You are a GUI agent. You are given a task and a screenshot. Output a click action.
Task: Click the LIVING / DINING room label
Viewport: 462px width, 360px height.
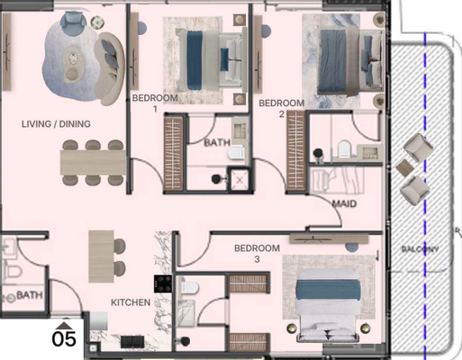point(56,124)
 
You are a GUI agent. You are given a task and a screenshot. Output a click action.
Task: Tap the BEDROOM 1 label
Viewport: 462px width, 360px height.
point(155,103)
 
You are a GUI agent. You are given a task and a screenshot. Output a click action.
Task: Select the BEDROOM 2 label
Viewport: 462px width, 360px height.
point(281,108)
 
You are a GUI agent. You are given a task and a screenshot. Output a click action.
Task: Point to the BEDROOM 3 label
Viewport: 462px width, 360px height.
point(257,254)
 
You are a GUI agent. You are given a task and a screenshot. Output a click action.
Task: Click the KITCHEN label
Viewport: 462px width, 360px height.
point(131,302)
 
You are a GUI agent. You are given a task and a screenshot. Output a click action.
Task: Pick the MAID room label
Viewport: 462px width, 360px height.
point(344,204)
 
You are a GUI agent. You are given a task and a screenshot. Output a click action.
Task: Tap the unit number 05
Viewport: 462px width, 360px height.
point(64,339)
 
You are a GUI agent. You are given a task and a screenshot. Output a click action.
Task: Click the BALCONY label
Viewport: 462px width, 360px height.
point(421,248)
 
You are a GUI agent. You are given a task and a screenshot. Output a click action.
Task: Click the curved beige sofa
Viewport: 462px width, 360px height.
point(109,69)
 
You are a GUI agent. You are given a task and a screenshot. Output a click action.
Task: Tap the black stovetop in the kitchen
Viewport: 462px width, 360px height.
point(163,283)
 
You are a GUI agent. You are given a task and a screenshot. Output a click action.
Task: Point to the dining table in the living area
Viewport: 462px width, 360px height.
point(93,162)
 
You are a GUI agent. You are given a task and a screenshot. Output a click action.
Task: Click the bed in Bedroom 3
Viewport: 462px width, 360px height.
point(328,304)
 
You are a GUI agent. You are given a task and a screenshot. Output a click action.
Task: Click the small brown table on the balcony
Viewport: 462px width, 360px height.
point(405,168)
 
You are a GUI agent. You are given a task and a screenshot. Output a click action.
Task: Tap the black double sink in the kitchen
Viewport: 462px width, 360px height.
point(132,342)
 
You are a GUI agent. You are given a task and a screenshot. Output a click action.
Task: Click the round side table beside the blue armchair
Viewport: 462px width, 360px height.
point(97,22)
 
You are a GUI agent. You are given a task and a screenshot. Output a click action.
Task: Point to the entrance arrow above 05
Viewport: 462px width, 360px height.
point(64,326)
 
